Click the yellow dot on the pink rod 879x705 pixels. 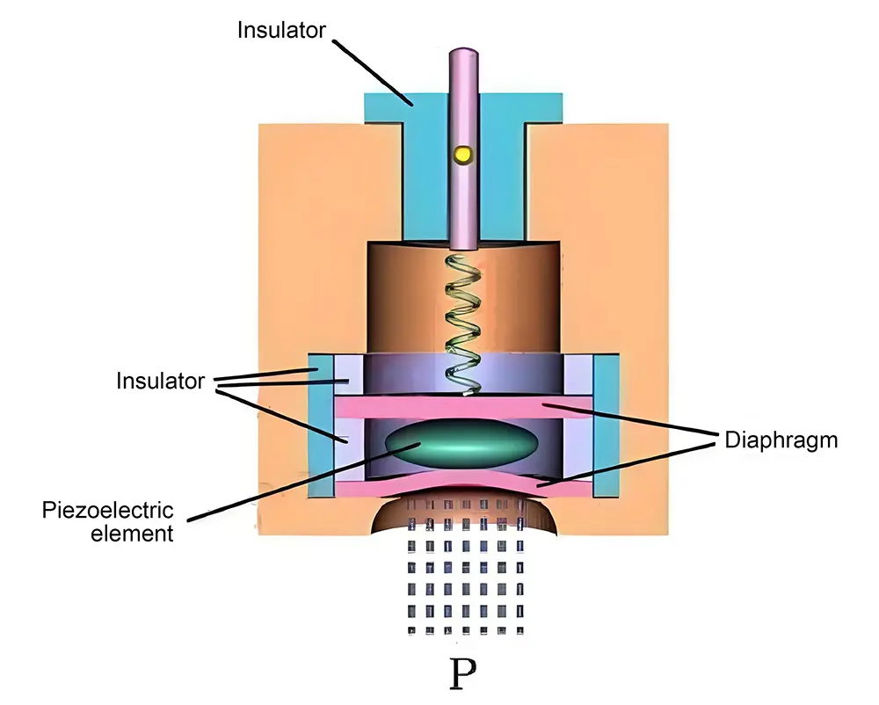pyautogui.click(x=462, y=155)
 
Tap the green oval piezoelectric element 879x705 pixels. pyautogui.click(x=464, y=444)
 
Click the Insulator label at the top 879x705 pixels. pyautogui.click(x=281, y=30)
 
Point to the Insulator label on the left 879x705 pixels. pyautogui.click(x=160, y=382)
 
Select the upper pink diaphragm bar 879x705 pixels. pyautogui.click(x=464, y=406)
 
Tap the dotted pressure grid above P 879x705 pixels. pyautogui.click(x=463, y=580)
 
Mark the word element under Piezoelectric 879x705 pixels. pyautogui.click(x=132, y=533)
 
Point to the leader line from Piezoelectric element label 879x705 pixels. pyautogui.click(x=290, y=483)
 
